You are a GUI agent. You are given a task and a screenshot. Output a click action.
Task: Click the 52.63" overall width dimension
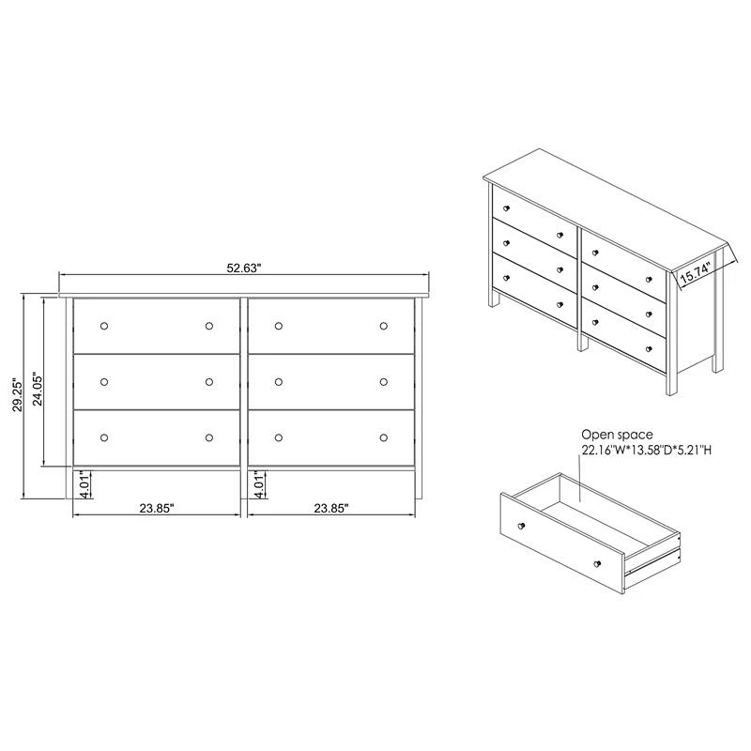[x=244, y=268]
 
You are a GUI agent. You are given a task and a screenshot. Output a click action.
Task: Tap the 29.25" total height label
[x=18, y=396]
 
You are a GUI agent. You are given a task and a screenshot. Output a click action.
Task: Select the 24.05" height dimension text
[x=38, y=389]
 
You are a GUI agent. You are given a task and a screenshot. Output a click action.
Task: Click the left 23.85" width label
[x=157, y=508]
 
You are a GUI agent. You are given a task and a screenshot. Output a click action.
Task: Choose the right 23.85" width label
[x=331, y=508]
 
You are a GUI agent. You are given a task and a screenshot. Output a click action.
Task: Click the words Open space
[x=617, y=435]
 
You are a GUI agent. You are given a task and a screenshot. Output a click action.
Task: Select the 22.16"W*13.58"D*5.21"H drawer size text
[x=646, y=450]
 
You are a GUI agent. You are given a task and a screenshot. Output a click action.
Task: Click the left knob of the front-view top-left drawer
[x=104, y=326]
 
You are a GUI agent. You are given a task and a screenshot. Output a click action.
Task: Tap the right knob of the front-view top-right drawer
[x=384, y=326]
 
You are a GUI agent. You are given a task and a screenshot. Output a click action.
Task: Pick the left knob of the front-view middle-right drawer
[x=279, y=382]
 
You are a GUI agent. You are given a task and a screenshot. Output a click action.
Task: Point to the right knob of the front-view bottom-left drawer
[x=208, y=437]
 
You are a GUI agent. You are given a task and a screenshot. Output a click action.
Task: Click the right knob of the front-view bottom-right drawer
[x=384, y=437]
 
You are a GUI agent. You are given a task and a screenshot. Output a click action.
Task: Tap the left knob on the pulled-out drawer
[x=522, y=526]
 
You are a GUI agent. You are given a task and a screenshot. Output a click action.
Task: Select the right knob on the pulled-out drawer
[x=597, y=564]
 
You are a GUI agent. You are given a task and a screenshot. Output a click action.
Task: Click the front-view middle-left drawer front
[x=157, y=382]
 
